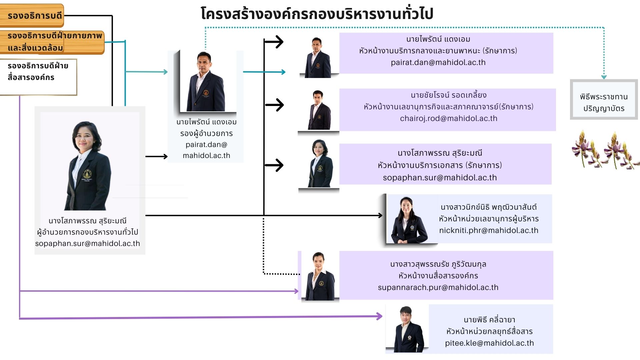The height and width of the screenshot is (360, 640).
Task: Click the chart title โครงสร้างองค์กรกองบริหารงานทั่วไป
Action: click(317, 14)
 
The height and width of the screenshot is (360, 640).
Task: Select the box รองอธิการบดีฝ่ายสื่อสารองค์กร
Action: click(38, 77)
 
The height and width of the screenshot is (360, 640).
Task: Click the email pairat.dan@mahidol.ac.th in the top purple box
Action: click(438, 62)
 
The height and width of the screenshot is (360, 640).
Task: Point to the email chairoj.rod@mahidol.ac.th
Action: click(448, 118)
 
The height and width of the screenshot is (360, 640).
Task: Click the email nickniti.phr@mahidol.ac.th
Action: click(488, 230)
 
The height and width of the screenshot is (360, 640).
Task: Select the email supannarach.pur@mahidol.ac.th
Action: click(438, 287)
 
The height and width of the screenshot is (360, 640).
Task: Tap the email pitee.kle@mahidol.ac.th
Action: click(489, 343)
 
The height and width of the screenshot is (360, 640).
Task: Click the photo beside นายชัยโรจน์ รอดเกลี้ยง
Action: click(318, 110)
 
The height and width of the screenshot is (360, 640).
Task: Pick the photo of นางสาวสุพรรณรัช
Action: click(320, 276)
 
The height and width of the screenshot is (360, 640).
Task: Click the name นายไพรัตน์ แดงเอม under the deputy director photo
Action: click(206, 122)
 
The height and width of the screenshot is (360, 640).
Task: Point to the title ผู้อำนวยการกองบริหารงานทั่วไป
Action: click(88, 232)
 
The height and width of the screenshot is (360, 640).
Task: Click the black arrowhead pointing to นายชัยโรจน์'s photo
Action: click(278, 105)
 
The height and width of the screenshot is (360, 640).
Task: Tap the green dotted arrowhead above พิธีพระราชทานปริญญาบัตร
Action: click(604, 77)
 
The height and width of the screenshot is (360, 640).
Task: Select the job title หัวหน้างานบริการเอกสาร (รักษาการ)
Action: click(440, 165)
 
